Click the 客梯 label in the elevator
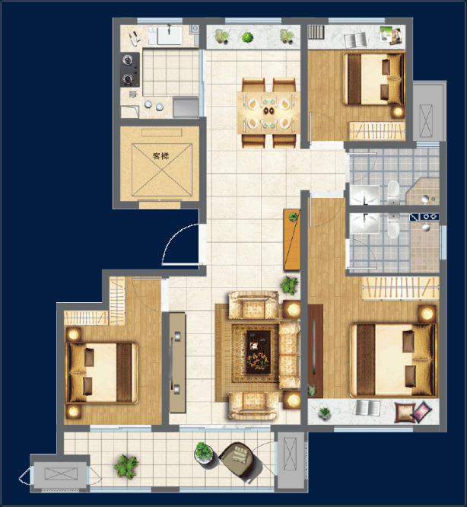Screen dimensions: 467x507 (x=160, y=156)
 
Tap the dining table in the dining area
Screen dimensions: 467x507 (x=268, y=113)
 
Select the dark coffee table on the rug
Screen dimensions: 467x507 (x=259, y=352)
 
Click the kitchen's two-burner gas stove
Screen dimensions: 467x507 (x=130, y=69)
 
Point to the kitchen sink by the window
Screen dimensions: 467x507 (x=169, y=36)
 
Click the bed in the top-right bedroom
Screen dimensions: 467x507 (x=373, y=79)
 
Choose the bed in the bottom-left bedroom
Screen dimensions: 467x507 (x=102, y=373)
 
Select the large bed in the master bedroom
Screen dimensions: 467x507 (x=393, y=360)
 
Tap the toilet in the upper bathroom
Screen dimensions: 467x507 (x=393, y=192)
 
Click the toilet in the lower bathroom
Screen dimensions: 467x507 (x=393, y=225)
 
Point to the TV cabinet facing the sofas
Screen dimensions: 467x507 (x=177, y=362)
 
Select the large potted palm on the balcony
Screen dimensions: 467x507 (x=126, y=467)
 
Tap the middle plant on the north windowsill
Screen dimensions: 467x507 (x=247, y=37)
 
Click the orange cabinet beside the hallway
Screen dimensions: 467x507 (x=291, y=240)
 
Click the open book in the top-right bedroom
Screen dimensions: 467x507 (x=356, y=40)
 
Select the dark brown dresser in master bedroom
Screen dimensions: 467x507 (x=316, y=351)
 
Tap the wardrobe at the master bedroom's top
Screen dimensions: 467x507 (x=401, y=288)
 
